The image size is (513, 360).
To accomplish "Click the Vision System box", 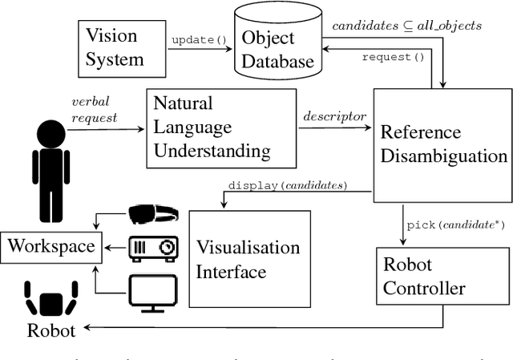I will (x=113, y=47).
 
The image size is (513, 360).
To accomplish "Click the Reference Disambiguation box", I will (x=442, y=144).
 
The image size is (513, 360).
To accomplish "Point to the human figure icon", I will (x=50, y=171).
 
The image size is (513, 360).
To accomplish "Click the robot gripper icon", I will (x=51, y=297).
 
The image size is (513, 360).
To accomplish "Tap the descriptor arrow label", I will (x=334, y=116).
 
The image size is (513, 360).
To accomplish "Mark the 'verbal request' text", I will (x=94, y=109).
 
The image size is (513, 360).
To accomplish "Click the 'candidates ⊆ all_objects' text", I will (x=406, y=26).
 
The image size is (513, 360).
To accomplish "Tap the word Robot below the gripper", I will (x=51, y=330).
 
